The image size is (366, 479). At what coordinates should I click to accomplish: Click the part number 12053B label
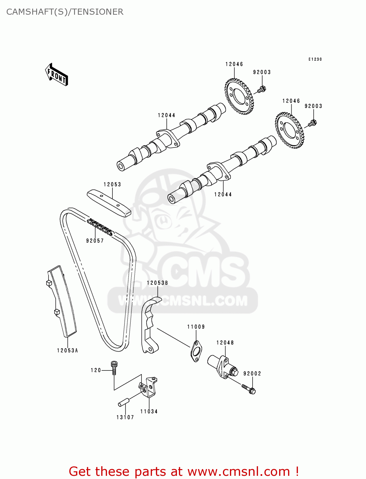157,283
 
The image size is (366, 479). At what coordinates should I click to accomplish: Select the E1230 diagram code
315,59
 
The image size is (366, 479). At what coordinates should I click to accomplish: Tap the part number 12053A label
67,351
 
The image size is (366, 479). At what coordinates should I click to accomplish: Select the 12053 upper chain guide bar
109,203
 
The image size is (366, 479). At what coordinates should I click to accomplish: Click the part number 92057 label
95,241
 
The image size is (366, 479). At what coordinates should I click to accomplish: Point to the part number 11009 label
196,327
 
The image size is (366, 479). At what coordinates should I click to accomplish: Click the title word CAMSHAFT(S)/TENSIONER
65,12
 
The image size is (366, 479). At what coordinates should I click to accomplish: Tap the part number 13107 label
125,417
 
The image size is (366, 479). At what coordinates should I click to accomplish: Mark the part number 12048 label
225,343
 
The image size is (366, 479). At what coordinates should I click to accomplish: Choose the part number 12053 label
112,185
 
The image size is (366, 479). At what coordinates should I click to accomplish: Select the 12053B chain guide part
149,326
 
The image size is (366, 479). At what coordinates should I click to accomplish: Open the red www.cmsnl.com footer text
184,471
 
